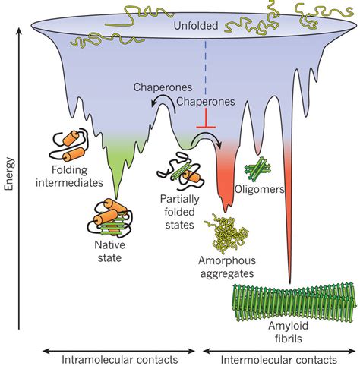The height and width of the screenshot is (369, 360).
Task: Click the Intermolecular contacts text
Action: click(283, 356)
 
